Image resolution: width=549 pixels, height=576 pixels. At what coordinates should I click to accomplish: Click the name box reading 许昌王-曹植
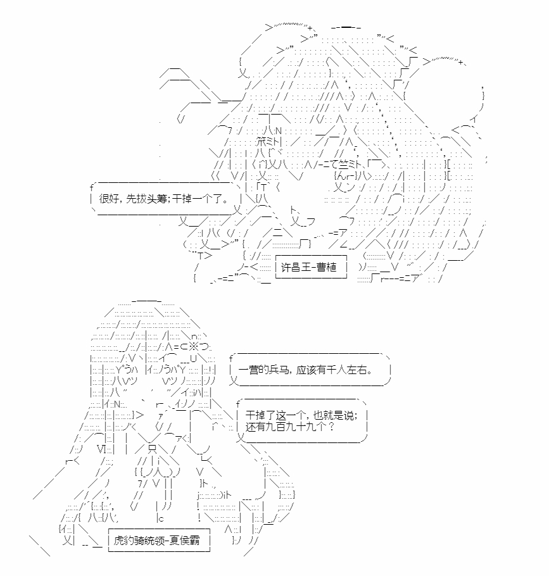pyautogui.click(x=311, y=266)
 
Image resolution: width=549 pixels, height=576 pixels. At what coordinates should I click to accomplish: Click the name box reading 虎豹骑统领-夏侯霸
pyautogui.click(x=159, y=540)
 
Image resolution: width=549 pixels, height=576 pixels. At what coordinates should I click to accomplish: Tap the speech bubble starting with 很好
pyautogui.click(x=166, y=199)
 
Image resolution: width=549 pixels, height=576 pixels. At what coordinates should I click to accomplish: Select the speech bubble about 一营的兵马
pyautogui.click(x=310, y=370)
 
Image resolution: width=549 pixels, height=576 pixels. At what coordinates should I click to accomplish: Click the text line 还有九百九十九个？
pyautogui.click(x=290, y=427)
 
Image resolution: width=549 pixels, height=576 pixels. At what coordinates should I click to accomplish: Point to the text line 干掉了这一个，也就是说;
pyautogui.click(x=301, y=415)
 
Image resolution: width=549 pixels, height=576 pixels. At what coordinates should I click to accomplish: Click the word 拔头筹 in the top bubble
pyautogui.click(x=147, y=199)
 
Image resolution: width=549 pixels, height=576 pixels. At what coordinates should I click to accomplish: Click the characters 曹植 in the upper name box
pyautogui.click(x=326, y=267)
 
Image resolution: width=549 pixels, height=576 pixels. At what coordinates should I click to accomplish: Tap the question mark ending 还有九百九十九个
pyautogui.click(x=331, y=427)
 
